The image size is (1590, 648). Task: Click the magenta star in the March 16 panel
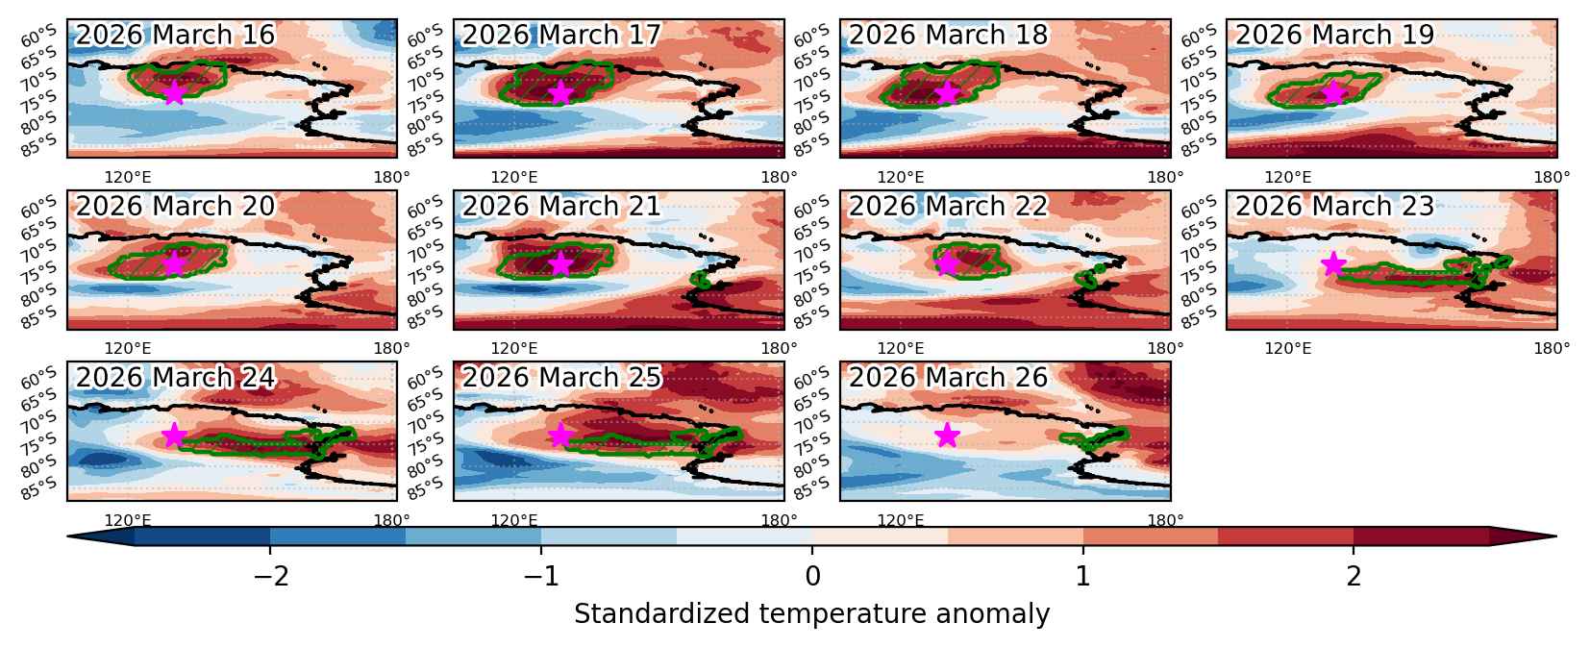[175, 92]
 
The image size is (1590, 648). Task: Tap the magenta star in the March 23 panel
[1333, 264]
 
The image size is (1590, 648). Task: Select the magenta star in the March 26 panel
[947, 436]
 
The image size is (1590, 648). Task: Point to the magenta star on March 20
[175, 264]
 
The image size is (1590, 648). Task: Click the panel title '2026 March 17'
[561, 34]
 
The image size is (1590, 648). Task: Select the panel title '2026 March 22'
[948, 206]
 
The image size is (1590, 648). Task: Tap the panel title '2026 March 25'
[561, 377]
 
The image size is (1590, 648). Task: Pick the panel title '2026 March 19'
[1335, 34]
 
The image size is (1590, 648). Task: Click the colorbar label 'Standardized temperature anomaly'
[812, 614]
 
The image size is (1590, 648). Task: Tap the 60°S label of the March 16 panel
[38, 35]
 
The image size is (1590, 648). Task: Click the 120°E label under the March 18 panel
[901, 178]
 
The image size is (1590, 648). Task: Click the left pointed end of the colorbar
[69, 536]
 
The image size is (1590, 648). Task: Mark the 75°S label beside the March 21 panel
[425, 273]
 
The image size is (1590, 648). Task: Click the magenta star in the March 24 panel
[175, 436]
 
